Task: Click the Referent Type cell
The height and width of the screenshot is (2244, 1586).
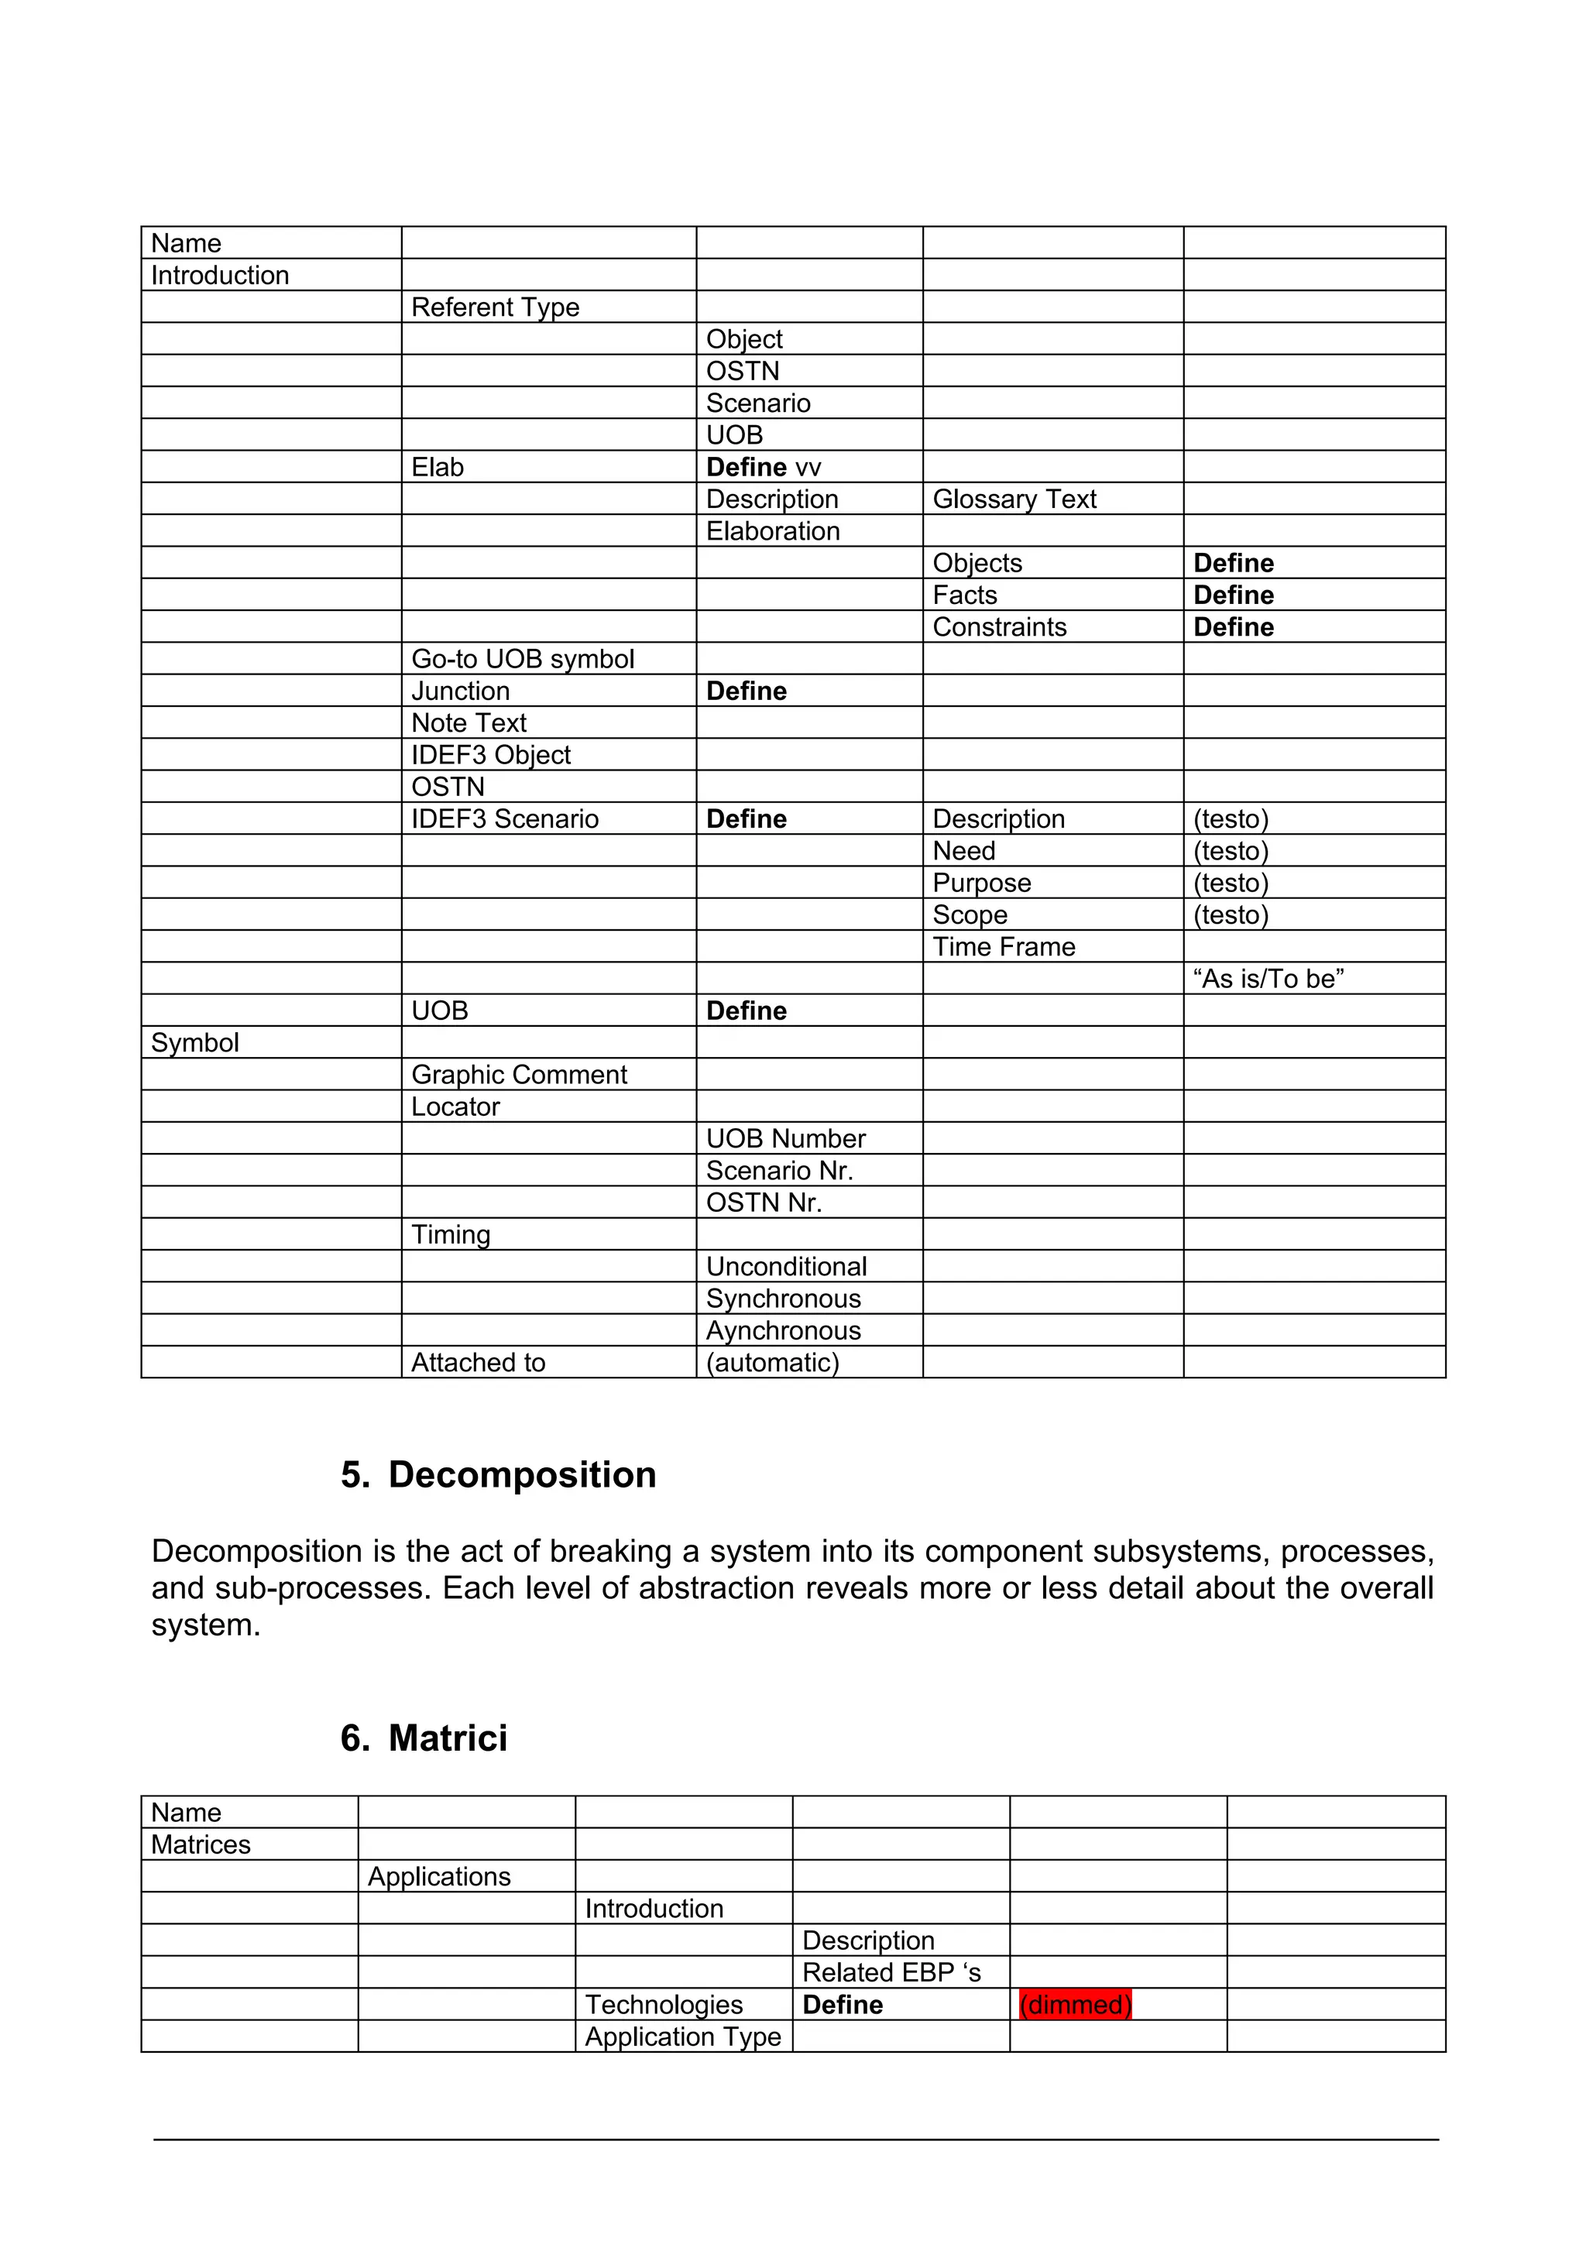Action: coord(495,307)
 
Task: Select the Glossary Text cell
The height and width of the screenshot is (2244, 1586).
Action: coord(1014,499)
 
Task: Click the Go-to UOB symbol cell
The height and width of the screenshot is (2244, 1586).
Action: coord(522,659)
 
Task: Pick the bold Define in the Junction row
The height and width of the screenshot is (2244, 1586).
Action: coord(746,691)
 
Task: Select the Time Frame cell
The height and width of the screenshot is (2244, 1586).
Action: coord(1004,947)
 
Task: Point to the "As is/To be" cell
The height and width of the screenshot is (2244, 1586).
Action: coord(1268,978)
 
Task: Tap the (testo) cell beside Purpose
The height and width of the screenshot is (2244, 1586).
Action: coord(1231,883)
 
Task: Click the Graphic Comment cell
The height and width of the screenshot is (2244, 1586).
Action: coord(519,1074)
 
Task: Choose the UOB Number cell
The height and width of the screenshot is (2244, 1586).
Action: coord(786,1138)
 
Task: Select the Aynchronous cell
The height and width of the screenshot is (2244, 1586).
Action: coord(783,1330)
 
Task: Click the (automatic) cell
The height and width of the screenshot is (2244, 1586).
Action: coord(772,1363)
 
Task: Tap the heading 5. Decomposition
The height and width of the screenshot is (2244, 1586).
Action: coord(499,1475)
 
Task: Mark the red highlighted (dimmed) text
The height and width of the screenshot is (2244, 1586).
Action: coord(1075,2005)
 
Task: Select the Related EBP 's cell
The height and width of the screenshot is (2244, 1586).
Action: coord(891,1972)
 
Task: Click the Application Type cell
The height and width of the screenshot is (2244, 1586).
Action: coord(682,2036)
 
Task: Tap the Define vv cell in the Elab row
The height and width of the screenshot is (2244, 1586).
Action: coord(764,467)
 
